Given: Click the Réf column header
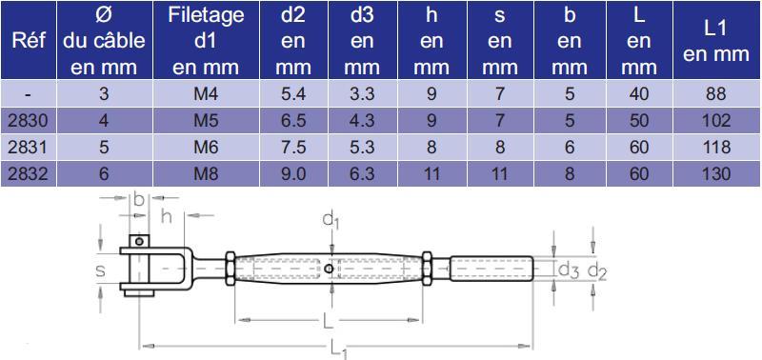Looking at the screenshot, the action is pyautogui.click(x=29, y=40).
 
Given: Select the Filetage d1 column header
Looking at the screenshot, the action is pyautogui.click(x=206, y=41).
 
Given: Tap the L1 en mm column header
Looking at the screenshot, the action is pyautogui.click(x=716, y=42).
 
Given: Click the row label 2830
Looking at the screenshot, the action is pyautogui.click(x=29, y=120).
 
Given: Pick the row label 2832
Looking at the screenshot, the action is pyautogui.click(x=29, y=173).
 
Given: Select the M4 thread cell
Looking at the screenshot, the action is pyautogui.click(x=206, y=93).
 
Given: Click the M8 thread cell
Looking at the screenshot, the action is pyautogui.click(x=206, y=173).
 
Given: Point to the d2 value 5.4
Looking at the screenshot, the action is pyautogui.click(x=293, y=93).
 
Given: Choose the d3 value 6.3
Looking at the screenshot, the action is pyautogui.click(x=362, y=173).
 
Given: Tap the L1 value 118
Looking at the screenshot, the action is pyautogui.click(x=716, y=147).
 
